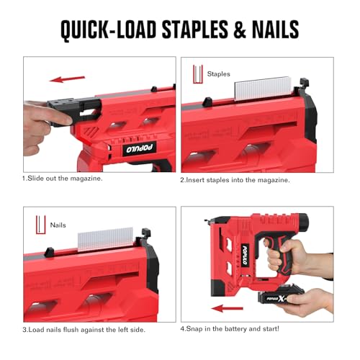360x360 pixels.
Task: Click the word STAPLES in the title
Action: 195,30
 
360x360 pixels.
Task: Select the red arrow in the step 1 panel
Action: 67,79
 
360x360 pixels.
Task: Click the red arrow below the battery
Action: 227,308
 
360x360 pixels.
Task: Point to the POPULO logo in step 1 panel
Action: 140,148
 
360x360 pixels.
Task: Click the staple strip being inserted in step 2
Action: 263,89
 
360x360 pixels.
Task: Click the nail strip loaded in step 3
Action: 105,240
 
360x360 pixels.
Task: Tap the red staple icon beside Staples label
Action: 198,74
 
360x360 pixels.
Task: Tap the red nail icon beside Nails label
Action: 40,225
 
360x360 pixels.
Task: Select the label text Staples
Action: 218,74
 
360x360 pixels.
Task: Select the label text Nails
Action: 58,225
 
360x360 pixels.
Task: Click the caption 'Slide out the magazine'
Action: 63,179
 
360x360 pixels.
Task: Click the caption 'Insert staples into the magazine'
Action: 235,180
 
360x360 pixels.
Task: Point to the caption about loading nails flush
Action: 84,330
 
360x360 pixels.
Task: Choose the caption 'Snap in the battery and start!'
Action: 230,328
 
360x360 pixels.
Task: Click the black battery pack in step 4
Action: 279,297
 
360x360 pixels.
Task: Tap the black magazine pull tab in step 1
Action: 72,111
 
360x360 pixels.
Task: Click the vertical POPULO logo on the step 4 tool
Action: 245,255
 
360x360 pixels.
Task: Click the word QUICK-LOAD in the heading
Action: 109,30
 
